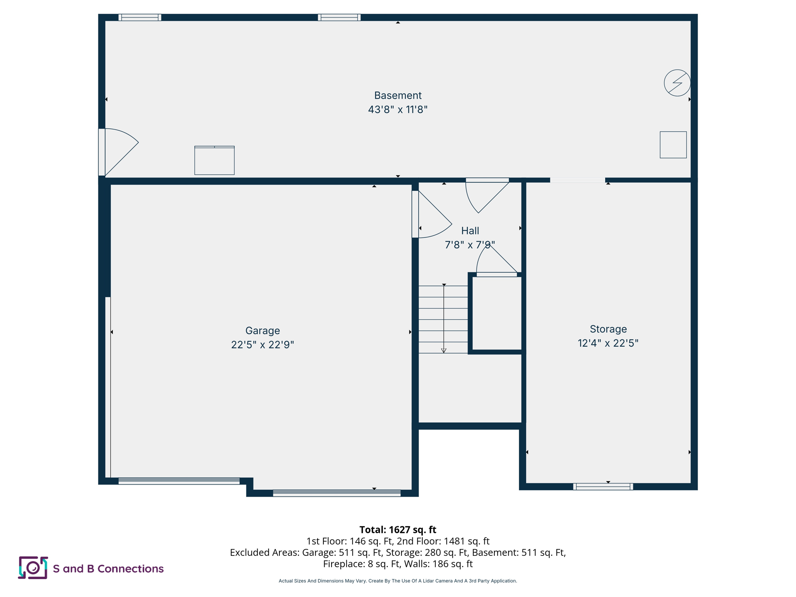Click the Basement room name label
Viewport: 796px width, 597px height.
pyautogui.click(x=398, y=95)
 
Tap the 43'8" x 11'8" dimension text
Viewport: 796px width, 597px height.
pyautogui.click(x=398, y=110)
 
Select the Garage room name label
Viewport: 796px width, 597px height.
pyautogui.click(x=262, y=330)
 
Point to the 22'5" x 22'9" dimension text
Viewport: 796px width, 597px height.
pyautogui.click(x=262, y=345)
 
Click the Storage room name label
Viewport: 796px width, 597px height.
pyautogui.click(x=608, y=329)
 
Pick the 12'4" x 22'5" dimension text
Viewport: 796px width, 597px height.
pyautogui.click(x=608, y=343)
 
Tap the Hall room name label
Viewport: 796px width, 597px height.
pyautogui.click(x=470, y=230)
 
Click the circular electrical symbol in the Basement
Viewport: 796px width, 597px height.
pyautogui.click(x=677, y=83)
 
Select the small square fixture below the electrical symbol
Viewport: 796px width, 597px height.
pyautogui.click(x=673, y=145)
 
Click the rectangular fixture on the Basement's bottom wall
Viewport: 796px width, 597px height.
pyautogui.click(x=214, y=161)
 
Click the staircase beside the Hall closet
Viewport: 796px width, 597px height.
pyautogui.click(x=443, y=319)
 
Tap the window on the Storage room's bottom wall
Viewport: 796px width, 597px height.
pyautogui.click(x=603, y=486)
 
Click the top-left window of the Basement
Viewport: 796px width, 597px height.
pyautogui.click(x=140, y=17)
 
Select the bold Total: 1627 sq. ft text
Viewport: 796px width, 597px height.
pyautogui.click(x=398, y=529)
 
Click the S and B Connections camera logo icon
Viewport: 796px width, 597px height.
pyautogui.click(x=33, y=567)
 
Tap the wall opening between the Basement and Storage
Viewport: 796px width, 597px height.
pyautogui.click(x=577, y=180)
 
